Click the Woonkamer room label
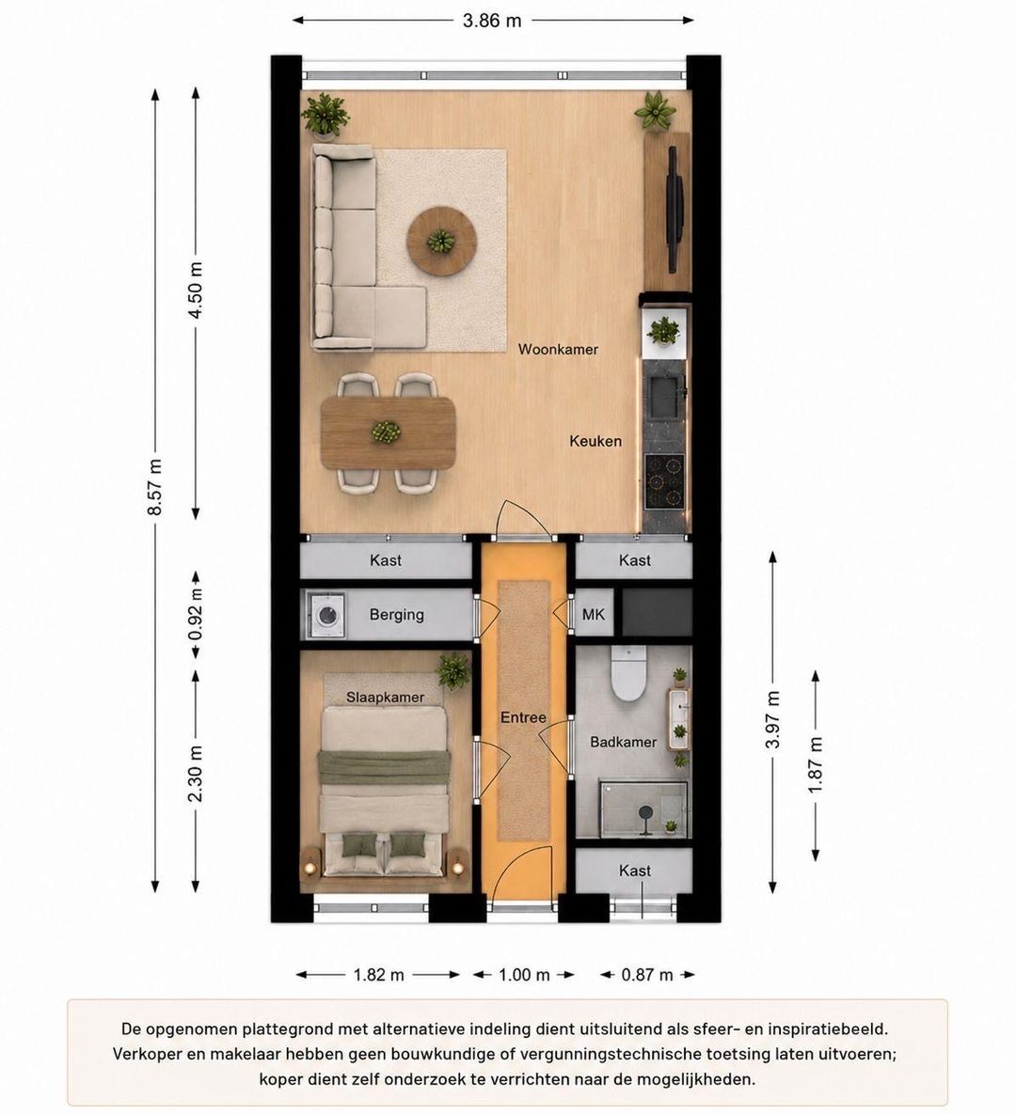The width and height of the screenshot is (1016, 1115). click(558, 349)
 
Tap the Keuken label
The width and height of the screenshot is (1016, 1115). click(595, 441)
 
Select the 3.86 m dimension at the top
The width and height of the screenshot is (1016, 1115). click(492, 21)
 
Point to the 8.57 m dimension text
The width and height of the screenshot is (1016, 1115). click(156, 487)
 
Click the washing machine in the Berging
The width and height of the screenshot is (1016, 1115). click(326, 615)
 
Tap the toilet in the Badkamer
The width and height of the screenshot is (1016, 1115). click(628, 673)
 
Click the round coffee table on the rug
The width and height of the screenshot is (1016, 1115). click(442, 241)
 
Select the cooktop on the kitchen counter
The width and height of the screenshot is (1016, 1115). click(664, 481)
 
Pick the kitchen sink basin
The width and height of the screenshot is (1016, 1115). click(664, 397)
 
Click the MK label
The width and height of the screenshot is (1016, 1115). click(594, 614)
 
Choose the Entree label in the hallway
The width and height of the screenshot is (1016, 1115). click(523, 717)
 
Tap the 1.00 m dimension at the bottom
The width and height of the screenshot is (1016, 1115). click(524, 974)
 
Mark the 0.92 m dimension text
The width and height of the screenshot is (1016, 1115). click(197, 613)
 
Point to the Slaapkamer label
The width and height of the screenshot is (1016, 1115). click(385, 698)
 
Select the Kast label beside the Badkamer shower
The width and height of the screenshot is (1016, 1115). click(635, 871)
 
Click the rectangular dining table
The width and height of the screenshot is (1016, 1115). click(388, 432)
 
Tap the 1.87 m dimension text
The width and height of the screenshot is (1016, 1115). click(816, 765)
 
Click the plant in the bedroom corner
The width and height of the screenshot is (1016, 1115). click(453, 670)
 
